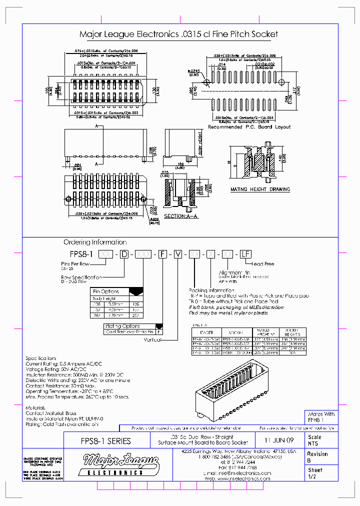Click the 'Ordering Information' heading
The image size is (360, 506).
[95, 242]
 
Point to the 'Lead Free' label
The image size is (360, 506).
[263, 263]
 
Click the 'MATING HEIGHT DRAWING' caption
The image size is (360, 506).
[260, 189]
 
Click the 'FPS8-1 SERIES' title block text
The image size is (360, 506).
[106, 441]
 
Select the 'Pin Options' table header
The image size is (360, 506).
[106, 291]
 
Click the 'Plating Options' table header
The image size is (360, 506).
[122, 326]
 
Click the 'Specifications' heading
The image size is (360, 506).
[41, 358]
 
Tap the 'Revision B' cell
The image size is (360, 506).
[317, 457]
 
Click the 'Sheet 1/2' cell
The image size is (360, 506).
[315, 473]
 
